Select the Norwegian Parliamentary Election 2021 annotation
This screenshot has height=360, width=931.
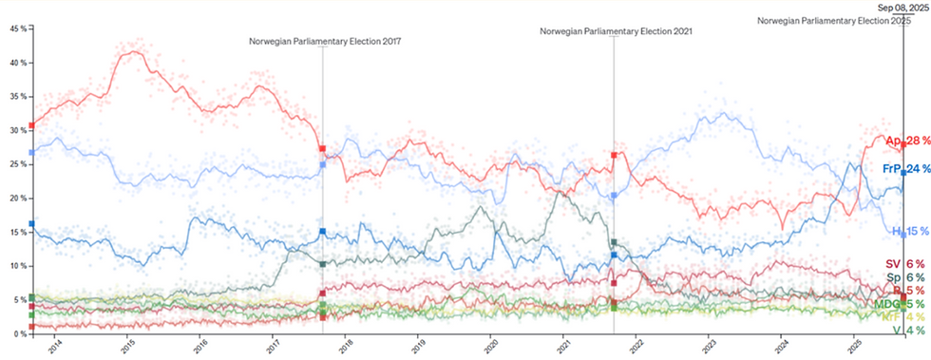[616, 30]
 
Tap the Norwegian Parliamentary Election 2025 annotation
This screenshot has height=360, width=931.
[842, 20]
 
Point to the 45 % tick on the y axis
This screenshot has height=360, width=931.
[16, 28]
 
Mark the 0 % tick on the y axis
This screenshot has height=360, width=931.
[18, 333]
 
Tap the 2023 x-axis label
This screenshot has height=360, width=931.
[707, 348]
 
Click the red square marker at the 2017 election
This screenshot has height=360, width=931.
[323, 149]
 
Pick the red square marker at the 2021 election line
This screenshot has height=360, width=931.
[615, 155]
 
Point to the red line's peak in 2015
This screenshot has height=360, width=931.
[133, 51]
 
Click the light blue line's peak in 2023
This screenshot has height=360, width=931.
[725, 115]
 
